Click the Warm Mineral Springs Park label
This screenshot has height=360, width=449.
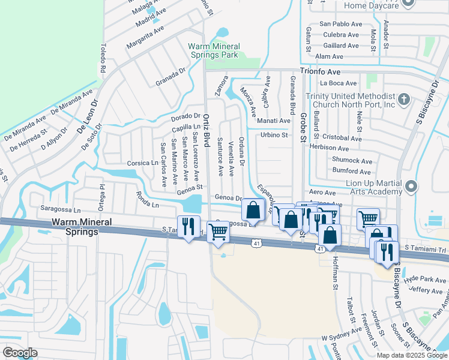click(214, 50)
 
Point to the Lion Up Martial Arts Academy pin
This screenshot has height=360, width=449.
click(411, 187)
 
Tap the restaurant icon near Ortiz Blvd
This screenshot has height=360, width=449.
click(188, 227)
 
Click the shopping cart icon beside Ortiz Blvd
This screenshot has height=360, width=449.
click(218, 231)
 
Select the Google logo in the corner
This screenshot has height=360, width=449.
click(20, 352)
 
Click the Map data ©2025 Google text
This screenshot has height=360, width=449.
click(412, 355)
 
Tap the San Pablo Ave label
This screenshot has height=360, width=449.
click(341, 24)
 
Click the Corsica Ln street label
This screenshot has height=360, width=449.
click(142, 163)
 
